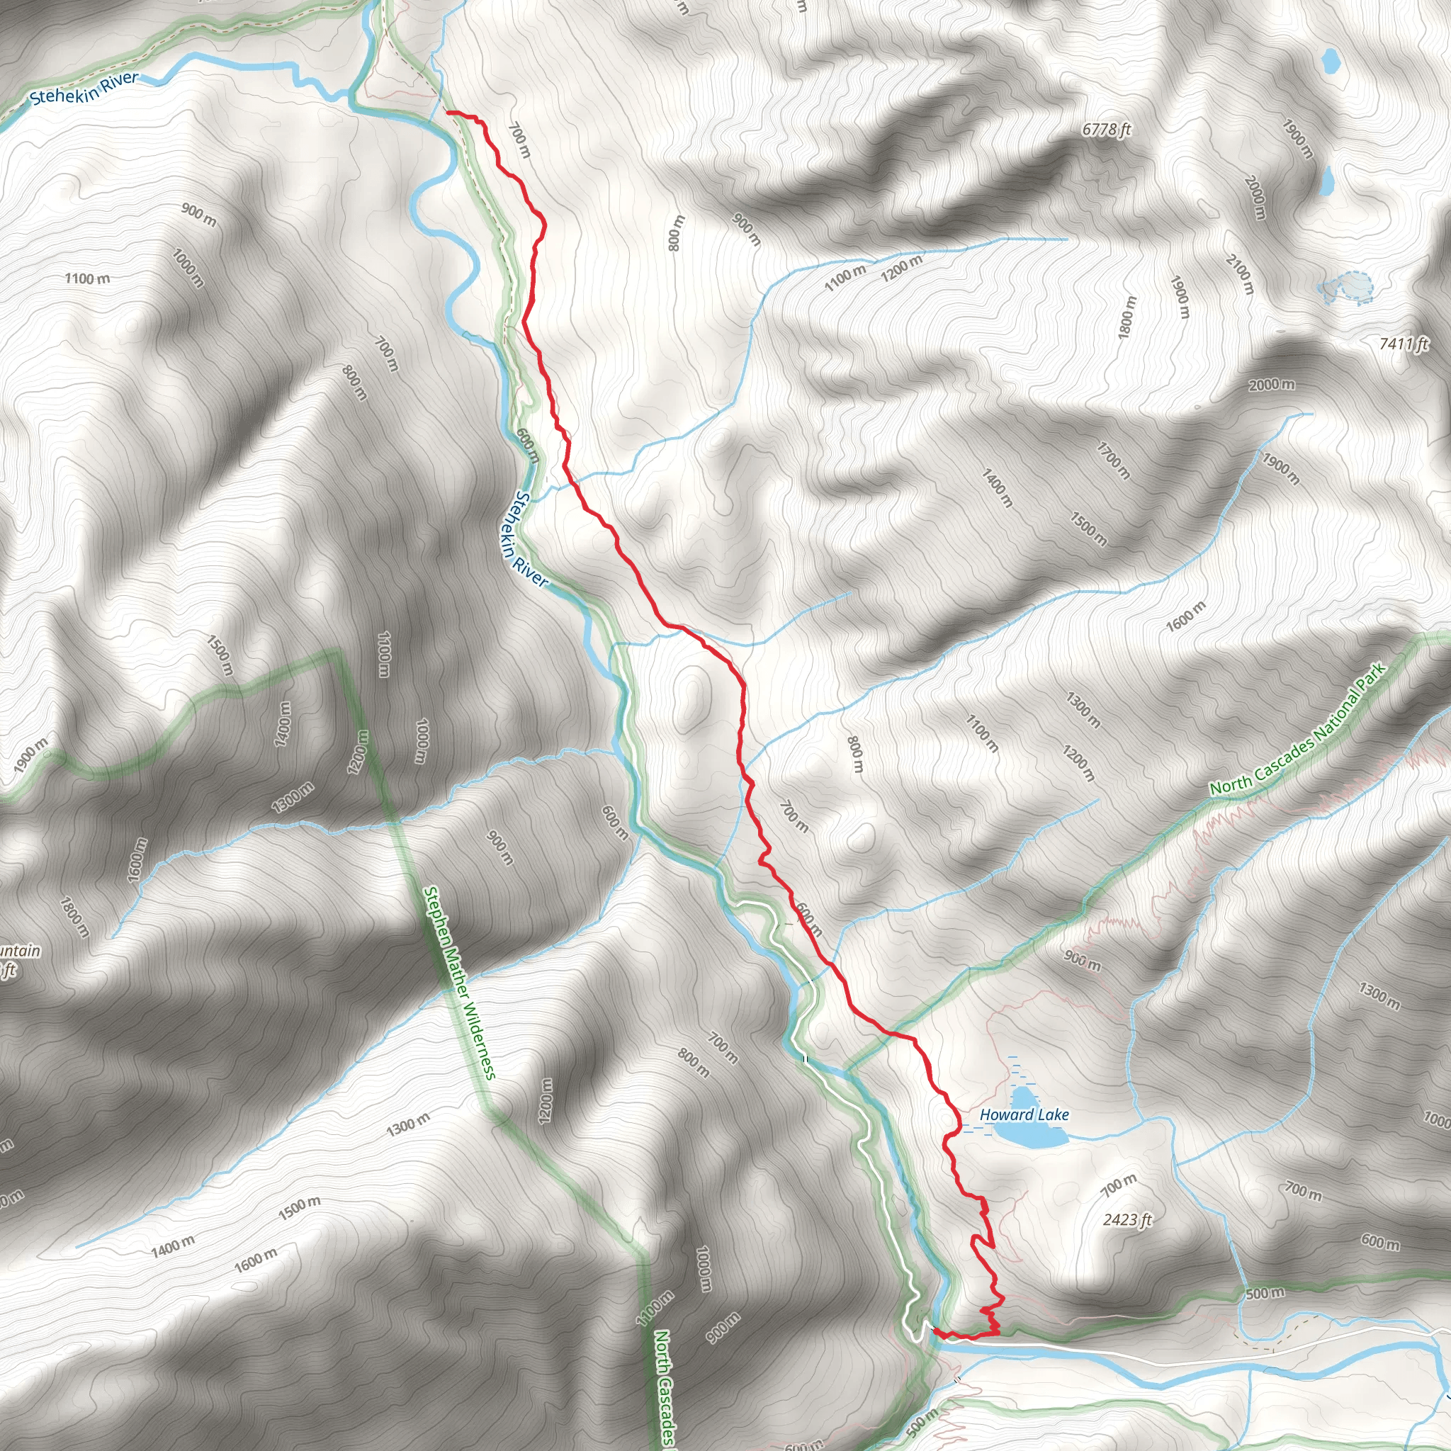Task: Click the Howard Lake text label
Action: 1024,1114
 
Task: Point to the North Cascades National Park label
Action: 1297,729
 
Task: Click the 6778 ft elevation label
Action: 1106,129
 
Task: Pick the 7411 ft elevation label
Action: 1403,344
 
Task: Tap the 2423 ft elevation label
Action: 1127,1220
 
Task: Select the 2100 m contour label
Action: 1240,274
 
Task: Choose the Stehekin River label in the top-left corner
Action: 84,88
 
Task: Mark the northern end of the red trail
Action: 448,112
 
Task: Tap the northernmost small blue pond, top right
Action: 1330,61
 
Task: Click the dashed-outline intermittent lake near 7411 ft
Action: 1348,287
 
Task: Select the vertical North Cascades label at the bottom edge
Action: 664,1389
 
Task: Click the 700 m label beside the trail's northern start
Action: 519,140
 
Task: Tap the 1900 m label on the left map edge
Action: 30,755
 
